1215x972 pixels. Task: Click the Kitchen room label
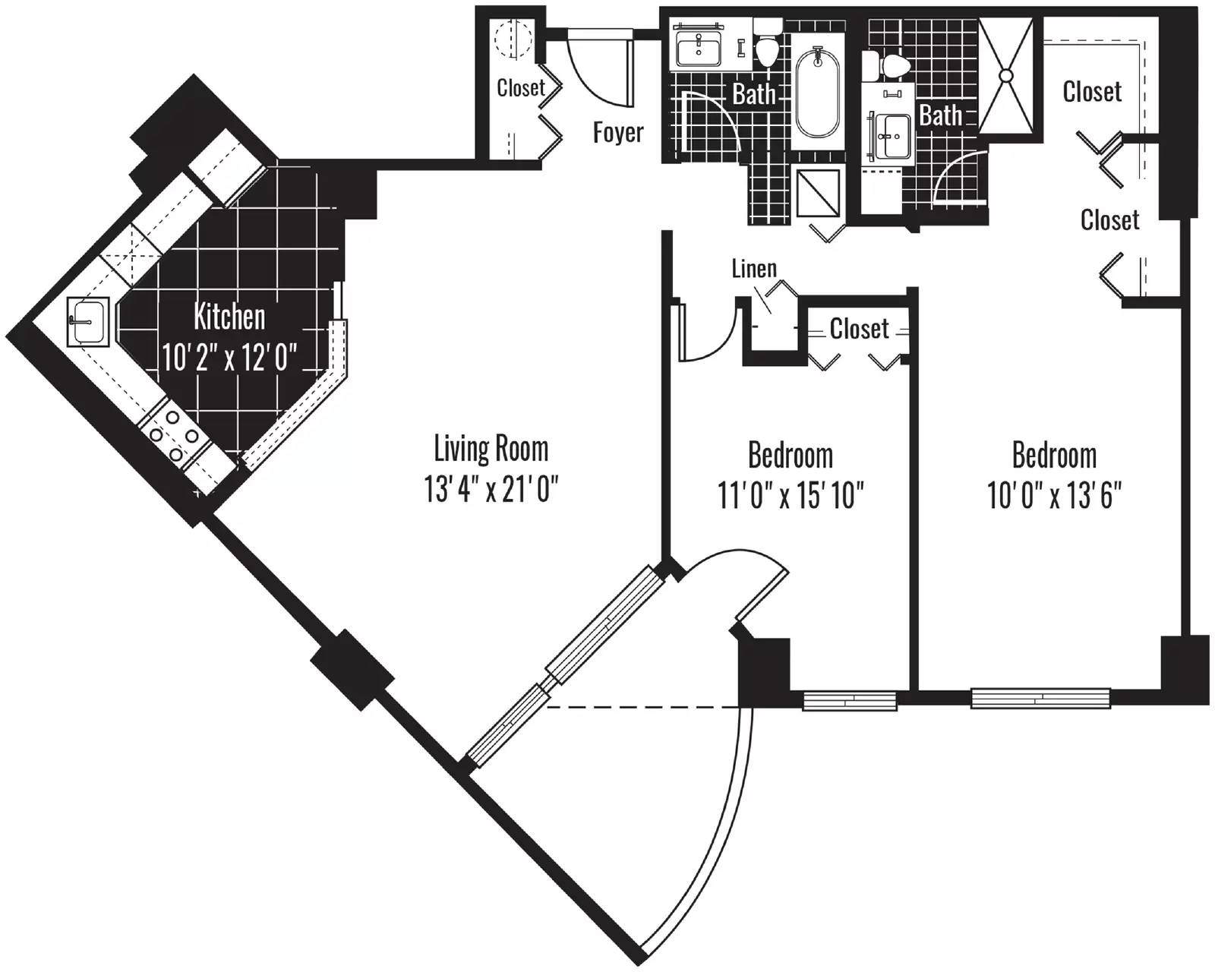point(229,317)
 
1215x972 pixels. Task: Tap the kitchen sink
point(87,321)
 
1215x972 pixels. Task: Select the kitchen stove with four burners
point(174,435)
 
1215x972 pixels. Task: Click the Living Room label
point(491,449)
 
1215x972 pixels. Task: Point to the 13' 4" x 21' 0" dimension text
point(491,488)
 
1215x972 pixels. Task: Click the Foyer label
point(618,133)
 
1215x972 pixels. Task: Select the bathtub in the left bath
point(817,93)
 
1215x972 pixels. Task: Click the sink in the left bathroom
point(699,49)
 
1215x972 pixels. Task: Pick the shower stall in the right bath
point(1006,75)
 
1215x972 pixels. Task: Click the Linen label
point(754,269)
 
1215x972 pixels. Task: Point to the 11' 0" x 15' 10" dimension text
point(791,495)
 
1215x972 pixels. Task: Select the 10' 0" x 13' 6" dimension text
point(1054,495)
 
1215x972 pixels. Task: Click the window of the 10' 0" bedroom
point(1040,698)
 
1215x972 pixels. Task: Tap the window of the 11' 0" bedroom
point(850,700)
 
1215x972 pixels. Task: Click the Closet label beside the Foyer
point(521,87)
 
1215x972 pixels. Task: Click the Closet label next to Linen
point(859,329)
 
